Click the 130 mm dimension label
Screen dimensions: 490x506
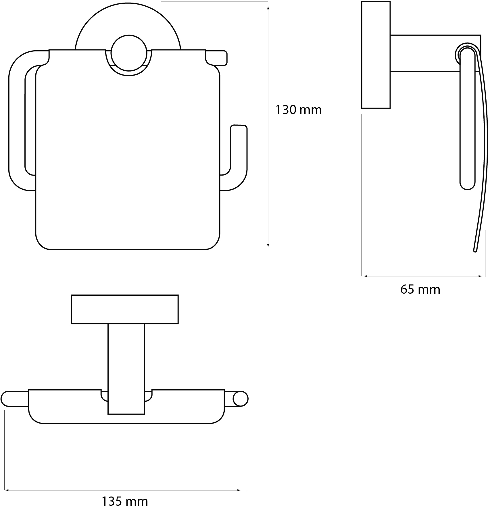pos(299,110)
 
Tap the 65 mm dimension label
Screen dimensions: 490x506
pos(420,289)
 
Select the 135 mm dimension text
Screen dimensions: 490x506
pos(125,501)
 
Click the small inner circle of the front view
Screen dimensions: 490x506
pos(129,53)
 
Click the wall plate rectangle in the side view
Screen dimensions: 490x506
pos(376,55)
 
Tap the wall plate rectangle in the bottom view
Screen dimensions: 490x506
pos(125,309)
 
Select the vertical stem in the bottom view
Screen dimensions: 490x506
pos(126,369)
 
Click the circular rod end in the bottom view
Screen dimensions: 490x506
pos(240,399)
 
